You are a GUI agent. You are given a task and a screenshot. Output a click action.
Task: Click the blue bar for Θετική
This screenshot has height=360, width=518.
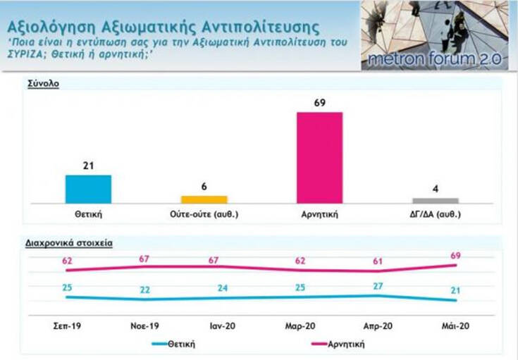click(88, 189)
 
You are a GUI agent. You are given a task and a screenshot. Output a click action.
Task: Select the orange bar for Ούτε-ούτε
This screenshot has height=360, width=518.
click(204, 199)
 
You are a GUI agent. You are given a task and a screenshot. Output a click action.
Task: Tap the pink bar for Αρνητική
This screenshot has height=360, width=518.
click(320, 157)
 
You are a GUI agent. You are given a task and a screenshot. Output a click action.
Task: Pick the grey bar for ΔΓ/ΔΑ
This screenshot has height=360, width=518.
click(436, 201)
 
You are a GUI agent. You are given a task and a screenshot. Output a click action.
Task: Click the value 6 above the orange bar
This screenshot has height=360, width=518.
click(204, 186)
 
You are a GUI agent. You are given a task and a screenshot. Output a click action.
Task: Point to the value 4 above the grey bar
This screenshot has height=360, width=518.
click(436, 189)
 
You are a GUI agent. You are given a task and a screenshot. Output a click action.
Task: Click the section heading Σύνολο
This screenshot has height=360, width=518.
click(44, 83)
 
